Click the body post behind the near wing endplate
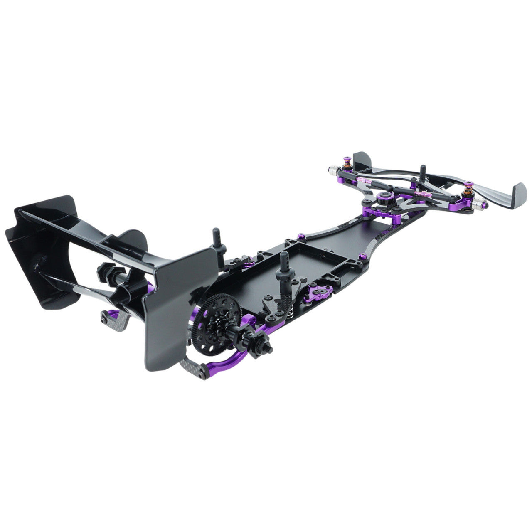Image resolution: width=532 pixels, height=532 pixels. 219,241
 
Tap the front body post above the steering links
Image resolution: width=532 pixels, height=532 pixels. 423,173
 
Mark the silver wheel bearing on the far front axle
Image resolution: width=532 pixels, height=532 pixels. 334,170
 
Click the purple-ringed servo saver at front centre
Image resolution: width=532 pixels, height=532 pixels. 384,196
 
